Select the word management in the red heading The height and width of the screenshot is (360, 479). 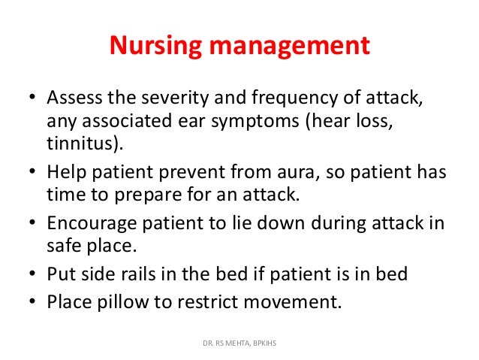(x=288, y=47)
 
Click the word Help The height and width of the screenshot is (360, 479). (x=65, y=172)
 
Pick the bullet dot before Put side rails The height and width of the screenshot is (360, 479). (x=32, y=274)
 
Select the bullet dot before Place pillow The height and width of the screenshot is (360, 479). (x=32, y=303)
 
